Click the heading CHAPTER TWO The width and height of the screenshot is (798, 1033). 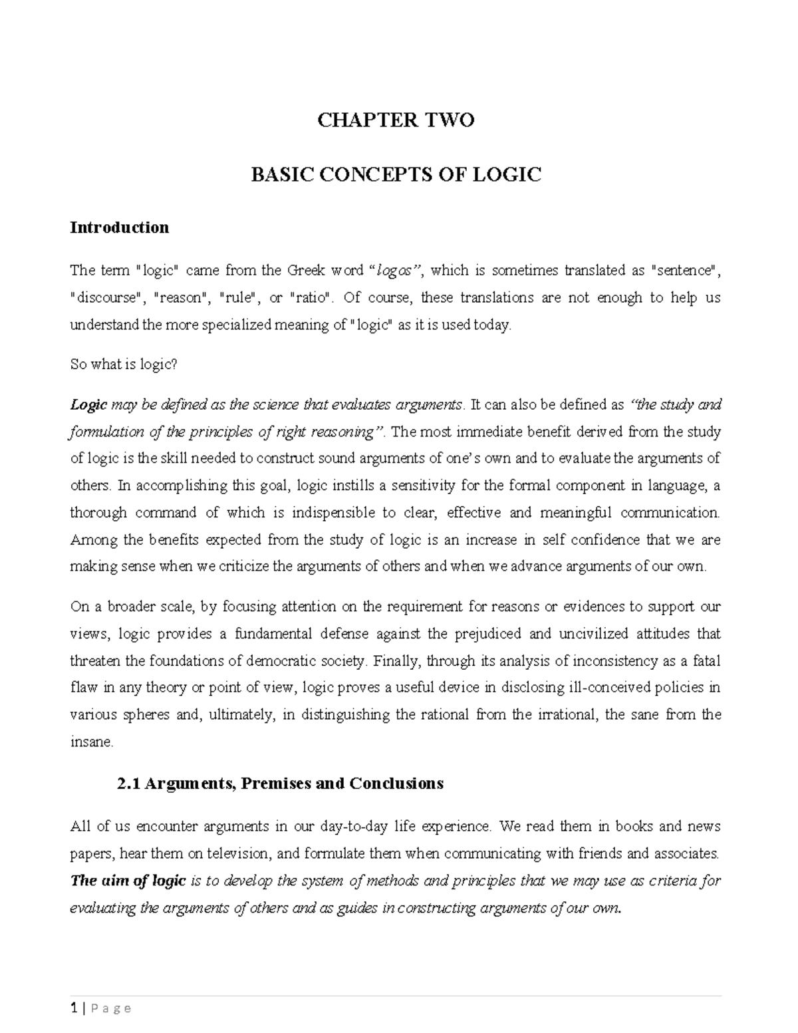[396, 120]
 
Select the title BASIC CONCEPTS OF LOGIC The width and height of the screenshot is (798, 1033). [396, 175]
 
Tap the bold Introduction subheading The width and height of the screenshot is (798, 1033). [120, 227]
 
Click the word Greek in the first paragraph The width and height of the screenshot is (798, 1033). [307, 271]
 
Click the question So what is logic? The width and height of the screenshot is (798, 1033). [124, 365]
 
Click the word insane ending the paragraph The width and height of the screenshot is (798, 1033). [91, 742]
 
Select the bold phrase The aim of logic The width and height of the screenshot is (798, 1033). [128, 881]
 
